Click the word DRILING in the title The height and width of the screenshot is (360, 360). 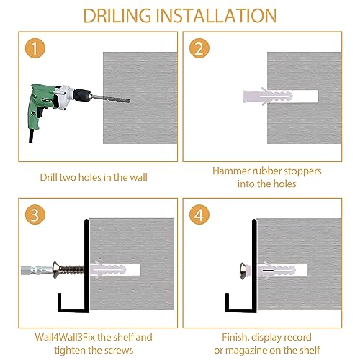pyautogui.click(x=117, y=16)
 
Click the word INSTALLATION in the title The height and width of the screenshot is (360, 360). pyautogui.click(x=217, y=16)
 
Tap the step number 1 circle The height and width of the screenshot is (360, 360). pyautogui.click(x=35, y=48)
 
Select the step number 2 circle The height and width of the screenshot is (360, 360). pyautogui.click(x=199, y=48)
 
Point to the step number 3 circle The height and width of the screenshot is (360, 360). pyautogui.click(x=35, y=215)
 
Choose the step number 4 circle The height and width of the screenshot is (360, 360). pyautogui.click(x=199, y=215)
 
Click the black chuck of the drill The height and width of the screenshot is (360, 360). pyautogui.click(x=81, y=95)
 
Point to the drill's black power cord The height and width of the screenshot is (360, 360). pyautogui.click(x=31, y=136)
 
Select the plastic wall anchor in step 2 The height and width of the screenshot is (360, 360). pyautogui.click(x=268, y=96)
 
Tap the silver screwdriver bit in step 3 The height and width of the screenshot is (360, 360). pyautogui.click(x=37, y=271)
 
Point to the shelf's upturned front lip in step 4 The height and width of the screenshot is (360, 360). pyautogui.click(x=227, y=302)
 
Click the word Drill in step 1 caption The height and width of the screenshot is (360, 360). pyautogui.click(x=48, y=177)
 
